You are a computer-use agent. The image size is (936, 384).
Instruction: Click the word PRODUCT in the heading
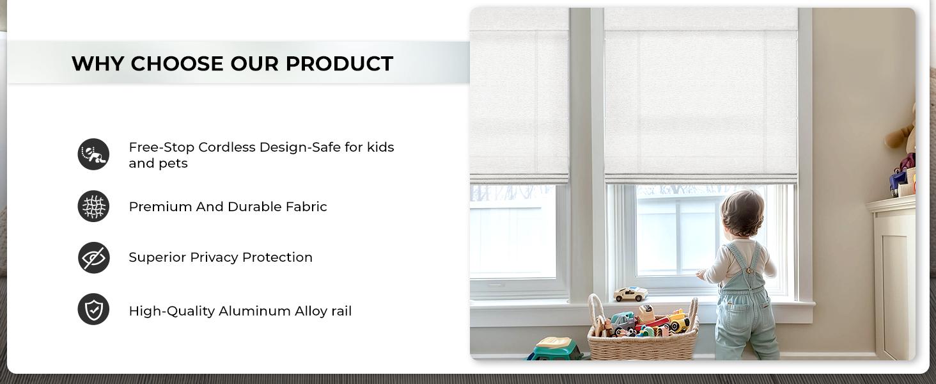pos(339,63)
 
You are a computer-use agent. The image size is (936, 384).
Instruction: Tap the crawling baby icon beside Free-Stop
pos(94,154)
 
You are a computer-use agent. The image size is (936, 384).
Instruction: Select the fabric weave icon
pos(94,207)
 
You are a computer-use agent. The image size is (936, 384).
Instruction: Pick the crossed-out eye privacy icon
pos(94,258)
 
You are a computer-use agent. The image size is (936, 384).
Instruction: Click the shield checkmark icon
pos(94,310)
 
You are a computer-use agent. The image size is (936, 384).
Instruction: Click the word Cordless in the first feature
pos(223,147)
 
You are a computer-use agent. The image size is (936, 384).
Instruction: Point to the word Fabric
pos(306,207)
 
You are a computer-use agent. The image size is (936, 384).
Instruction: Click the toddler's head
pos(744,214)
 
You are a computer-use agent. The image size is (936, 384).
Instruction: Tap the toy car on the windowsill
pos(630,294)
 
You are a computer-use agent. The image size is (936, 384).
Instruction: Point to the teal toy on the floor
pos(556,349)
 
